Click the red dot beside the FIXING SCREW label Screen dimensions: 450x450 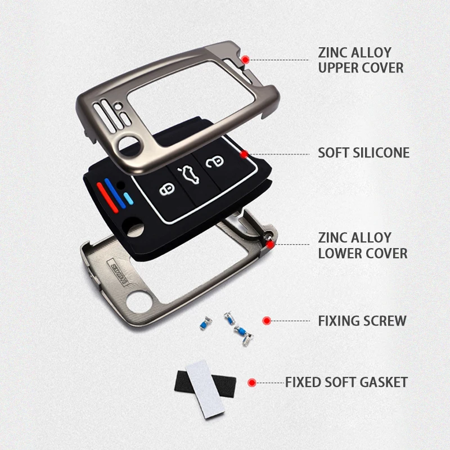pyautogui.click(x=267, y=321)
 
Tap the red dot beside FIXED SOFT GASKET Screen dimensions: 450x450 pyautogui.click(x=252, y=382)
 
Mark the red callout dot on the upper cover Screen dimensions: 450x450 pyautogui.click(x=245, y=59)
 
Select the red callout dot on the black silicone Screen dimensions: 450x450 pyautogui.click(x=244, y=153)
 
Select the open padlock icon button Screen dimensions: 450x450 pyautogui.click(x=214, y=162)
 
